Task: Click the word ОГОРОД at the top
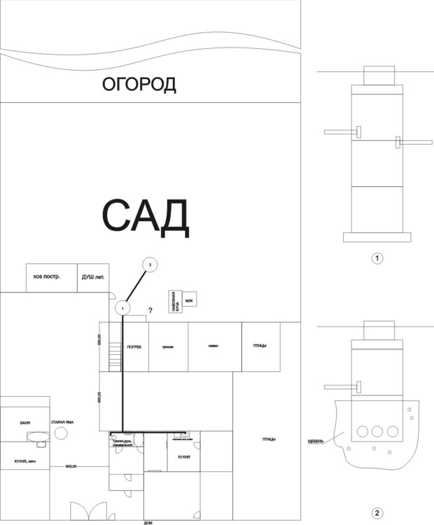[x=139, y=85]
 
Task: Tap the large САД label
[x=146, y=216]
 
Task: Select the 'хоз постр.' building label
[x=47, y=276]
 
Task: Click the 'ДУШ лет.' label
[x=91, y=276]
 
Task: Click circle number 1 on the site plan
[x=122, y=307]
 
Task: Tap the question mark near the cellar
[x=150, y=310]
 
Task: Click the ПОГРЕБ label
[x=134, y=346]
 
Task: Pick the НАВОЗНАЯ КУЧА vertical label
[x=174, y=302]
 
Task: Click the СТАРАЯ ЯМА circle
[x=61, y=433]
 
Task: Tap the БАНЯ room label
[x=25, y=423]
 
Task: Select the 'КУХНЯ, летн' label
[x=25, y=463]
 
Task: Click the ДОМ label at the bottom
[x=148, y=522]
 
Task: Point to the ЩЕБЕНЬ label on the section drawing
[x=316, y=441]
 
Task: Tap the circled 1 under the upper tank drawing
[x=377, y=258]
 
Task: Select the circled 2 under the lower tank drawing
[x=377, y=513]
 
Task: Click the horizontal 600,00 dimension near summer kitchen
[x=71, y=466]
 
